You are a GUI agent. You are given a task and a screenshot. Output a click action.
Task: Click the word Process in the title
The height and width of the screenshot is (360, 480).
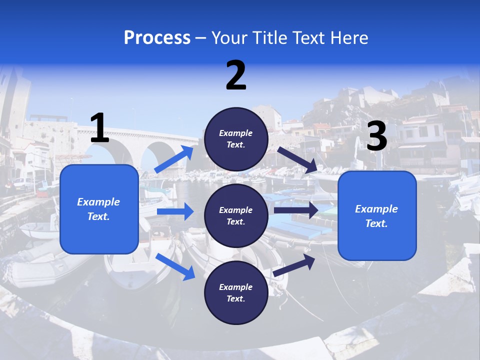click(x=157, y=37)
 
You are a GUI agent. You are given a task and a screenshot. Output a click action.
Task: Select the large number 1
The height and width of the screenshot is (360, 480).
click(x=100, y=127)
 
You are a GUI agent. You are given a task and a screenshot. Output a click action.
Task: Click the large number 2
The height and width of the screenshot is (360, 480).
click(x=236, y=75)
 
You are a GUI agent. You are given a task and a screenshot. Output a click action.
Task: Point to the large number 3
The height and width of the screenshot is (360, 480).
click(x=377, y=135)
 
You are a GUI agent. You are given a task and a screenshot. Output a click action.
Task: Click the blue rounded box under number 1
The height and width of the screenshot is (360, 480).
click(x=99, y=209)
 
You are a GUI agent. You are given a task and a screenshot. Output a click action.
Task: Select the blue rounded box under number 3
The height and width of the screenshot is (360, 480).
click(x=377, y=216)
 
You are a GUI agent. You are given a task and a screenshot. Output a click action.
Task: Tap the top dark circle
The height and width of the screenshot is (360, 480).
click(x=236, y=139)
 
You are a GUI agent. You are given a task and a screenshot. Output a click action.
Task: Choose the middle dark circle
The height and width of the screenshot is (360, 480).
click(x=236, y=216)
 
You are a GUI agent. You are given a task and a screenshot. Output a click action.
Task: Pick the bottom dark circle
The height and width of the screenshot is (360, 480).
click(x=236, y=292)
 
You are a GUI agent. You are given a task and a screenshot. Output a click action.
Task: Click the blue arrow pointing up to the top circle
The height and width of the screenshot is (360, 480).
click(x=174, y=159)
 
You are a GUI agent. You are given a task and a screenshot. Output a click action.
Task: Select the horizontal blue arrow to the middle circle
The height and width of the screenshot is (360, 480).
click(x=175, y=211)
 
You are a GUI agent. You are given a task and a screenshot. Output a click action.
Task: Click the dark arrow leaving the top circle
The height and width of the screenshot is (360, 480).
click(x=297, y=160)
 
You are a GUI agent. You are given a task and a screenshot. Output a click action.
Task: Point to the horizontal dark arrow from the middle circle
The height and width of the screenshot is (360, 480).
click(x=296, y=210)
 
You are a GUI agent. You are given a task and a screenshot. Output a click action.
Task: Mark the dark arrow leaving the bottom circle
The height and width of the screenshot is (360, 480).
click(x=294, y=265)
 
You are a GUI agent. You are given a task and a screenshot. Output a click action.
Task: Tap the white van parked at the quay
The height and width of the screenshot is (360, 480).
click(x=23, y=183)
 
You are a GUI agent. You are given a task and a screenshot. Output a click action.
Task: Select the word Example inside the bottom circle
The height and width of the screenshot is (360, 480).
click(x=235, y=287)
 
